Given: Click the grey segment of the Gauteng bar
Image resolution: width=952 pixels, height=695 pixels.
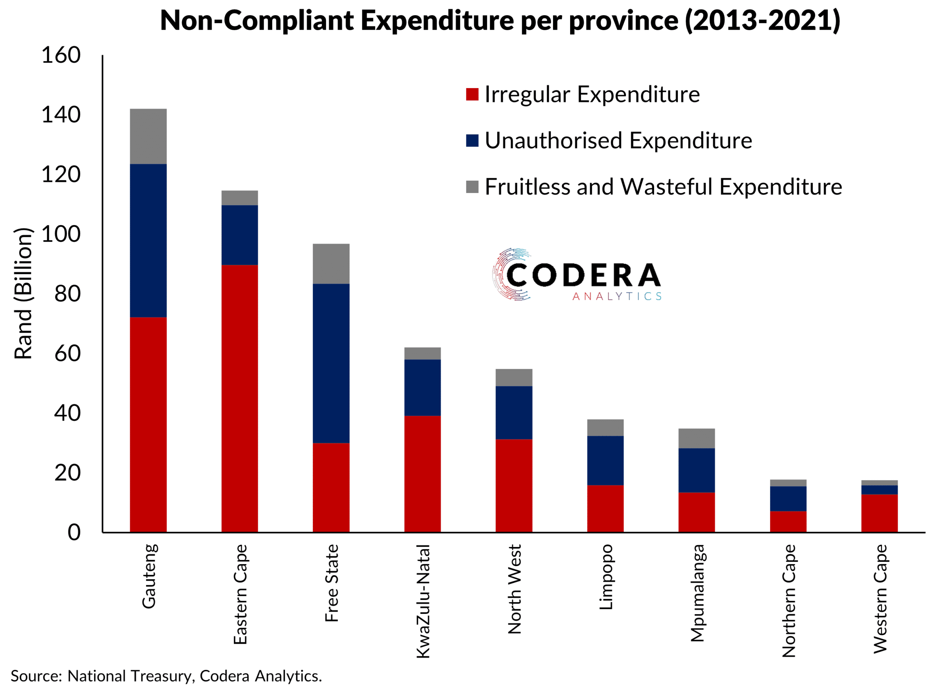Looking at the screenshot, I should tap(148, 136).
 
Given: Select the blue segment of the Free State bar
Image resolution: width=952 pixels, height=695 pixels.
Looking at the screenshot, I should tap(331, 363).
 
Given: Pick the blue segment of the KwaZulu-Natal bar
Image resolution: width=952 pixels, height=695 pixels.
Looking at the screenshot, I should tap(422, 387).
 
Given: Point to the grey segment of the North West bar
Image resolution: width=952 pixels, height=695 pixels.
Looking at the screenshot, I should tap(514, 377).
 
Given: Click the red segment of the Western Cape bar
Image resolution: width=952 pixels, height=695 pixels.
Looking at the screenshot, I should tap(879, 513).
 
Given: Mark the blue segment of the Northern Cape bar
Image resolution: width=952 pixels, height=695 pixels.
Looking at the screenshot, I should tap(788, 499).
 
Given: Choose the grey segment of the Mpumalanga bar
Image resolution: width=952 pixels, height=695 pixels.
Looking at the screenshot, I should tap(697, 438).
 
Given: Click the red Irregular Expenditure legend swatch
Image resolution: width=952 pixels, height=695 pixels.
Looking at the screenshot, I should tap(472, 94).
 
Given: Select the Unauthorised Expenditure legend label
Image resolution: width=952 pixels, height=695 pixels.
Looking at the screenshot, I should tap(618, 141).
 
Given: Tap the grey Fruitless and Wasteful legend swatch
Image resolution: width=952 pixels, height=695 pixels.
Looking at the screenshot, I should tap(472, 187).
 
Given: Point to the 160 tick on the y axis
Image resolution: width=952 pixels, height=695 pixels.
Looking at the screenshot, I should tap(61, 55).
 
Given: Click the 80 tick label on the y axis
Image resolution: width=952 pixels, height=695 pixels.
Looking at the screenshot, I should tap(67, 294).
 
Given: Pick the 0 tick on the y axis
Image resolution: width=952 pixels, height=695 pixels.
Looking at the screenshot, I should tap(74, 532).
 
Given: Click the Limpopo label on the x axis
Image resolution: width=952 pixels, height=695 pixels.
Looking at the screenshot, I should tap(605, 577).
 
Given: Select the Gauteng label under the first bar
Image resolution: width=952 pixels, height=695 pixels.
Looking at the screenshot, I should tap(148, 576).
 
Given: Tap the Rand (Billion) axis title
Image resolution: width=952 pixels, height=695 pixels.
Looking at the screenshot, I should tap(23, 293).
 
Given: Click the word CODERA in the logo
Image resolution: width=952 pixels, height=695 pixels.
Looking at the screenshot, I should tap(583, 276).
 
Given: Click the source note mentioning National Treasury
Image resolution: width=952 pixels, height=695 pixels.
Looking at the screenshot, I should tap(166, 676).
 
